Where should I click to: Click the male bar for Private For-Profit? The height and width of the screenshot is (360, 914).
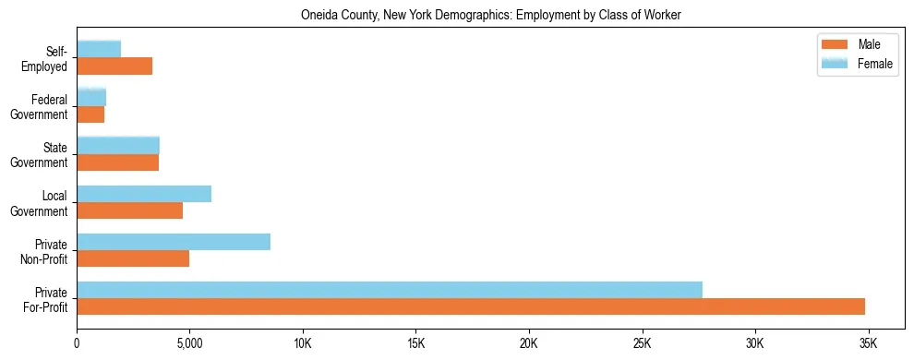tap(471, 306)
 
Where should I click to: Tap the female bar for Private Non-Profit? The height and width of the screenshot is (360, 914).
tap(174, 242)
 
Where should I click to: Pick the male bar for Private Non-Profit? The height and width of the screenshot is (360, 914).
tap(133, 258)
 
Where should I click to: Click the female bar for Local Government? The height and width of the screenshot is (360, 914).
tap(144, 194)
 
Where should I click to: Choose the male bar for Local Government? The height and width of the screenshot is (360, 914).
tap(129, 210)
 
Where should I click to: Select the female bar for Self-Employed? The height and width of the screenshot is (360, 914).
tap(99, 50)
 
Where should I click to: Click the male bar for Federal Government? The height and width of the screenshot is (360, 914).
tap(90, 114)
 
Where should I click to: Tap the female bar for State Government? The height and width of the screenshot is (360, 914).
tap(118, 146)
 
